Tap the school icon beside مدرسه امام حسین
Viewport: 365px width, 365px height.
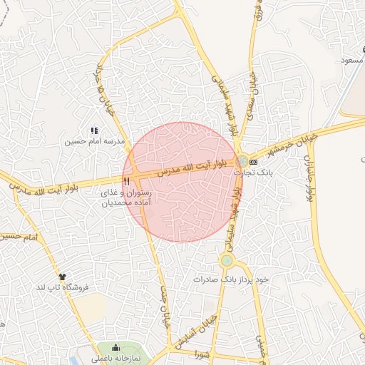[94, 130]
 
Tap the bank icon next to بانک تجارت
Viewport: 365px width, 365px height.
[253, 163]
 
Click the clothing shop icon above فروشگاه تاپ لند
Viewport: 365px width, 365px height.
[63, 276]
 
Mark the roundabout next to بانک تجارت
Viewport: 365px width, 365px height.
[243, 161]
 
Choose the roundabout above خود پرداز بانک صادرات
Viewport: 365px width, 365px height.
[227, 261]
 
